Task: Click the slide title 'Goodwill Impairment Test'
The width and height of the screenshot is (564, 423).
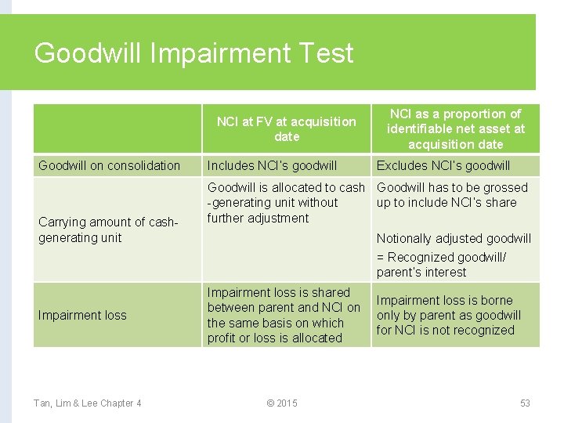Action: [x=193, y=53]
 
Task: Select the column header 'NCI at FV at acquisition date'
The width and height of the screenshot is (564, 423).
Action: [x=286, y=129]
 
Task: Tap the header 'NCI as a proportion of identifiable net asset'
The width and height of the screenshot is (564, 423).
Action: [x=455, y=129]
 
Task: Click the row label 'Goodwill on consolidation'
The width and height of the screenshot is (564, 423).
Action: [x=109, y=165]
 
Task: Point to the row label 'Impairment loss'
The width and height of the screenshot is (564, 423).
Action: [x=82, y=315]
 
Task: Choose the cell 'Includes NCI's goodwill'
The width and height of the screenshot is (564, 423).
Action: [x=272, y=165]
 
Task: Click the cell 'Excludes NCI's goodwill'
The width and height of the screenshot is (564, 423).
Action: [x=443, y=165]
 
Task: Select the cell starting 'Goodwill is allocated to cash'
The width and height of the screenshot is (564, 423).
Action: [x=286, y=202]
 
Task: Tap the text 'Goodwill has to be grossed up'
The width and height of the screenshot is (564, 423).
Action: [x=452, y=195]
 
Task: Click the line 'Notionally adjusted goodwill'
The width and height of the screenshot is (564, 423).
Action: [x=454, y=238]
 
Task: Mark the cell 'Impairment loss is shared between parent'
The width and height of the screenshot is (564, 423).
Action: [x=284, y=315]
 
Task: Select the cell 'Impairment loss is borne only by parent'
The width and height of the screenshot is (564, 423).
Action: [x=448, y=315]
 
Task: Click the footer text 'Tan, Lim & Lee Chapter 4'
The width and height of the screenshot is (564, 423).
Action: [x=87, y=403]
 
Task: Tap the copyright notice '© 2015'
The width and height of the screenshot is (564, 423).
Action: [x=282, y=403]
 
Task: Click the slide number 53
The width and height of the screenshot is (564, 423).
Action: [x=525, y=403]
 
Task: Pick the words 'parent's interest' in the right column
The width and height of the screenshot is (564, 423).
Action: [x=421, y=273]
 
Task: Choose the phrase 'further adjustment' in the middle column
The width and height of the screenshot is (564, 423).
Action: [x=258, y=218]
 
